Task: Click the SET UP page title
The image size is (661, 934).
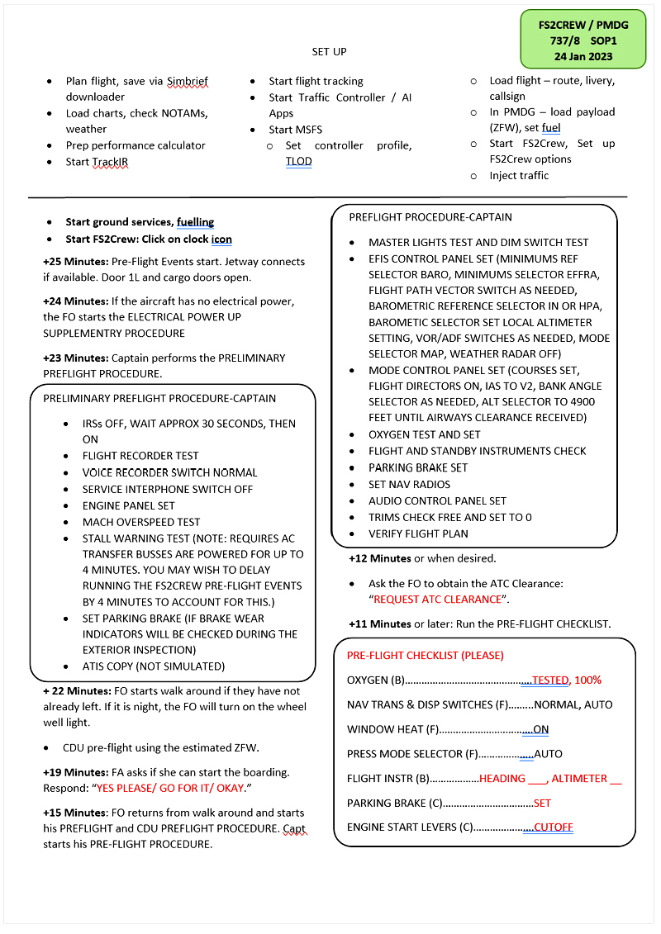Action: click(x=329, y=52)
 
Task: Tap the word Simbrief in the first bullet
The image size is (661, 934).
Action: click(x=188, y=82)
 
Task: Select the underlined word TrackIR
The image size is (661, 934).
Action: click(x=111, y=162)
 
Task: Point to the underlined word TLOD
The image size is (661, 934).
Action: click(x=298, y=162)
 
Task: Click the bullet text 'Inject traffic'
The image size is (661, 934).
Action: click(x=519, y=176)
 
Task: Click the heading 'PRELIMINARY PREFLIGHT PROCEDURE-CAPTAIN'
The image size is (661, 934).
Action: click(x=159, y=399)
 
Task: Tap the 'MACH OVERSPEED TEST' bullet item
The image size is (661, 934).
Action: click(x=141, y=522)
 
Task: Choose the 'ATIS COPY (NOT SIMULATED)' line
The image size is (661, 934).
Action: click(x=154, y=666)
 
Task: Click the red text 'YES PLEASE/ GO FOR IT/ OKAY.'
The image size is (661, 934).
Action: click(x=170, y=789)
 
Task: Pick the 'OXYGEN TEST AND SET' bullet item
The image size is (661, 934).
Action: click(x=425, y=435)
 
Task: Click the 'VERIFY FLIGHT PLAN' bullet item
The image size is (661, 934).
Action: click(x=419, y=534)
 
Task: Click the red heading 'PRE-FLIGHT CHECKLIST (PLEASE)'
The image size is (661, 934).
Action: click(x=426, y=656)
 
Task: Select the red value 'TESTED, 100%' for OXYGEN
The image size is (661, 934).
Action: click(x=566, y=680)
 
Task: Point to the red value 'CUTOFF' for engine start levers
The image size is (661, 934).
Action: click(x=553, y=827)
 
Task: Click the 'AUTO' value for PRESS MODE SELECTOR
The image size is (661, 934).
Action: click(x=548, y=754)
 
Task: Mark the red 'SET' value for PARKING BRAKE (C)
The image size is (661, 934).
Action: click(x=542, y=803)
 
